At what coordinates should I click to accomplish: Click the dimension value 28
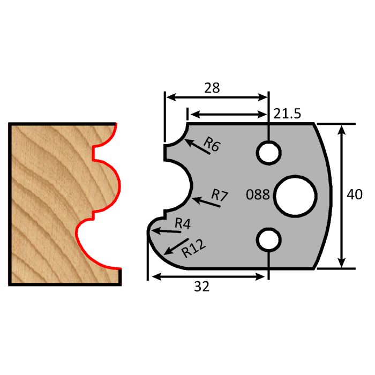pyautogui.click(x=212, y=88)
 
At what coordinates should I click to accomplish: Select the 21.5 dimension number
pyautogui.click(x=289, y=114)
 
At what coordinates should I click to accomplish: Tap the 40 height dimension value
pyautogui.click(x=355, y=194)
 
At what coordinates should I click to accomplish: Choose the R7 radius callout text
pyautogui.click(x=218, y=195)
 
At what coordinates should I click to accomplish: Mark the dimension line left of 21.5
pyautogui.click(x=228, y=114)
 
